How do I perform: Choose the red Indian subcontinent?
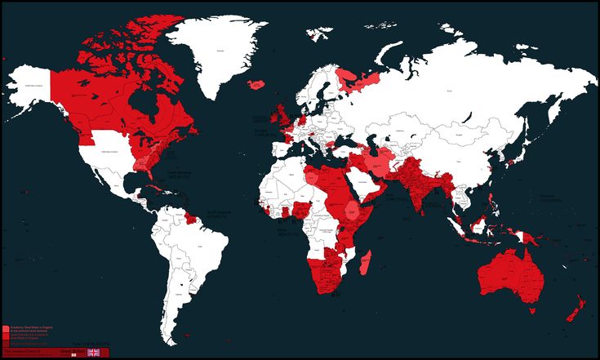click(421, 184)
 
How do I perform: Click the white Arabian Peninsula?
click(367, 184)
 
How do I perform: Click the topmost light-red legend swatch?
click(6, 327)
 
